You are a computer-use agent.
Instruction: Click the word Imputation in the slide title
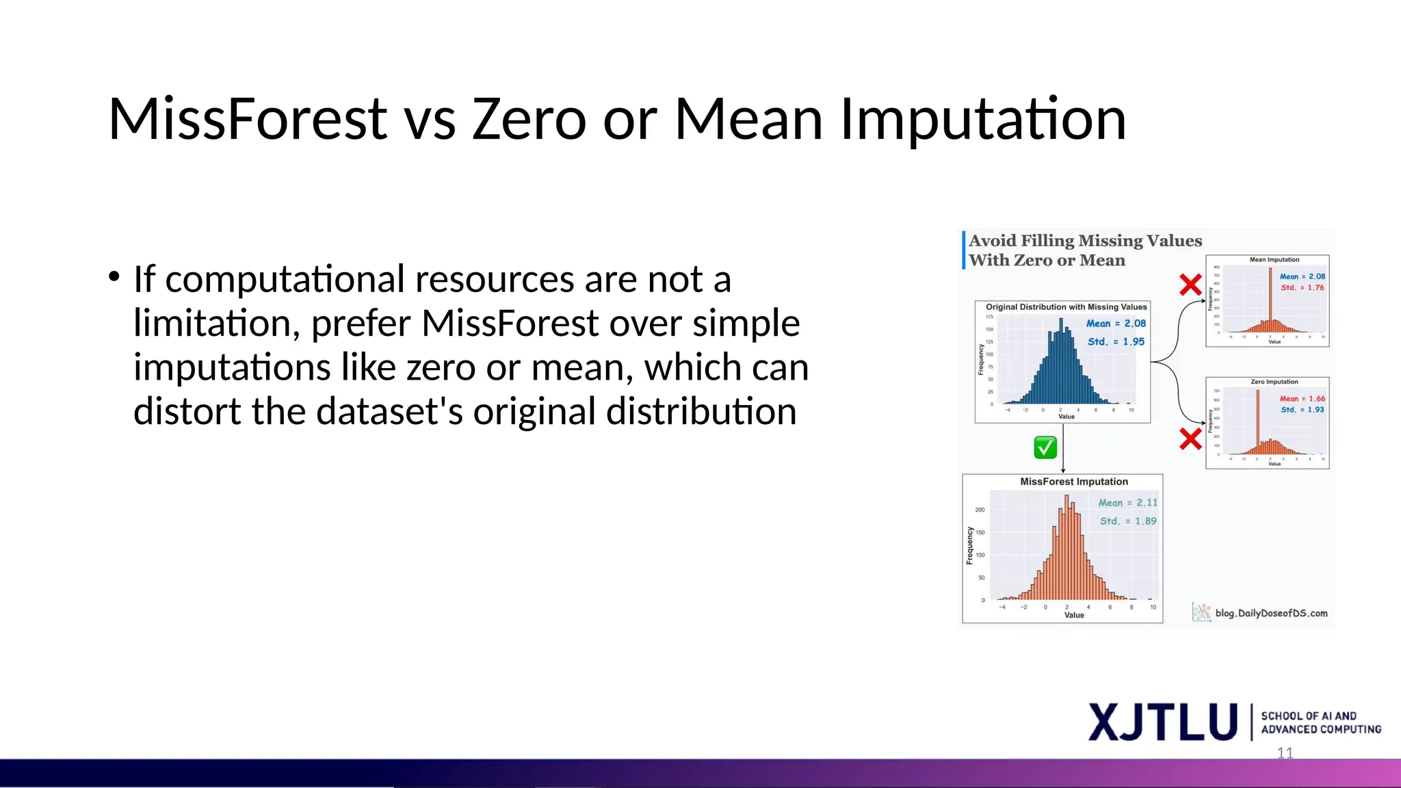click(x=982, y=120)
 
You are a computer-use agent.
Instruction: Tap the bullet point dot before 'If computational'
click(x=114, y=277)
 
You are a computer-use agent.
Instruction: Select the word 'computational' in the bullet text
click(x=285, y=280)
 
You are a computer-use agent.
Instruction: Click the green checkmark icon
click(x=1045, y=447)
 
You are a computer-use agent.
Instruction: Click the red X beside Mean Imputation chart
click(x=1190, y=285)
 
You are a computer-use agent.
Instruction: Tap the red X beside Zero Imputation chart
click(x=1190, y=438)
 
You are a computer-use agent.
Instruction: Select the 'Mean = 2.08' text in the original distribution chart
click(x=1116, y=324)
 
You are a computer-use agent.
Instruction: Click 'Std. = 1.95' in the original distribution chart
click(x=1116, y=341)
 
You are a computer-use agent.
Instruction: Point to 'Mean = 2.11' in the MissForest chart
click(x=1127, y=503)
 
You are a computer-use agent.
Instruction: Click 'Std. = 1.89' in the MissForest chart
click(x=1127, y=521)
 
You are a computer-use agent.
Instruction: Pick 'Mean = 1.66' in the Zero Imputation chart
click(x=1302, y=399)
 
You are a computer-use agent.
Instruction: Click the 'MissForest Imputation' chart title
click(x=1073, y=482)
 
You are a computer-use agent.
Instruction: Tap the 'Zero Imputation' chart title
click(x=1274, y=382)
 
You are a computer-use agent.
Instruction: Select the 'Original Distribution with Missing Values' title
click(x=1066, y=307)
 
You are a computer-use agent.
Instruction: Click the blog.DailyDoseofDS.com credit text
click(x=1271, y=613)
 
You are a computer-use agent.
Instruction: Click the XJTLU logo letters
click(x=1162, y=722)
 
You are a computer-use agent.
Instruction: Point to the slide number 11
click(x=1285, y=753)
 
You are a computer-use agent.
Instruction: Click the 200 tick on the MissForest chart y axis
click(x=980, y=510)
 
